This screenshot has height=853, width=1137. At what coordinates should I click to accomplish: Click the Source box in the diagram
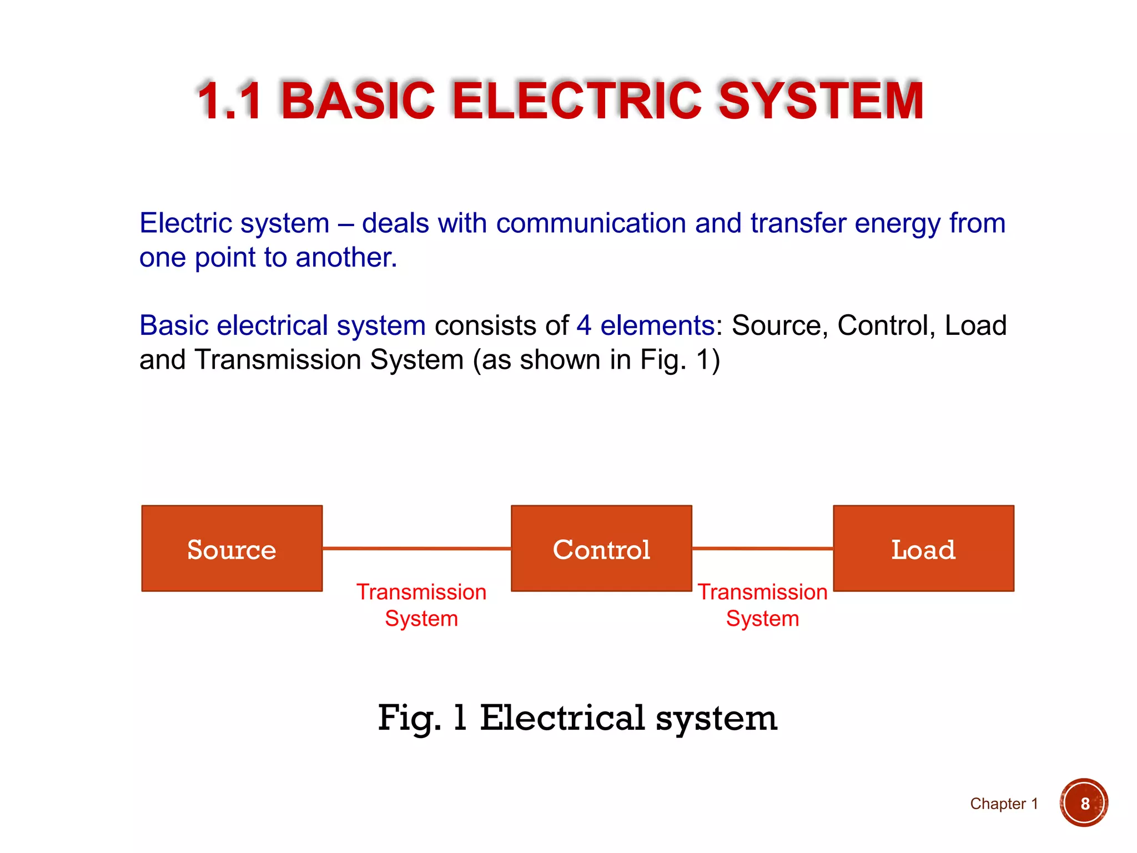[x=232, y=548]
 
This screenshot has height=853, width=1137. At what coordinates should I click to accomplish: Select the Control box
[x=601, y=548]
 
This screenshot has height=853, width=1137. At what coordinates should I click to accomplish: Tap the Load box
[x=923, y=548]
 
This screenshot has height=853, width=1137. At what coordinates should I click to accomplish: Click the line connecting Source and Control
[x=416, y=548]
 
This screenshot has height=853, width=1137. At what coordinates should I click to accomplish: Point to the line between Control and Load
[x=762, y=548]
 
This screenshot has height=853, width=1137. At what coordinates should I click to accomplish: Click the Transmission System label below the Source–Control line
[x=421, y=605]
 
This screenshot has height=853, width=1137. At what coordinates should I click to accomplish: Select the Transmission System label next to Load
[x=762, y=605]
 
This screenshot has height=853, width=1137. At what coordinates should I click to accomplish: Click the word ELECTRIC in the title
[x=577, y=101]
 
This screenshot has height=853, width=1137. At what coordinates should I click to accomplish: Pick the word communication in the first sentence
[x=591, y=223]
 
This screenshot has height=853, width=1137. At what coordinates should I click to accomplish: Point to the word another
[x=346, y=258]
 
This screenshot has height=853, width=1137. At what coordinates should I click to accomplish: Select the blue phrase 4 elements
[x=645, y=325]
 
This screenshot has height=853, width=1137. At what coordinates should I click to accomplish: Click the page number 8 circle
[x=1084, y=803]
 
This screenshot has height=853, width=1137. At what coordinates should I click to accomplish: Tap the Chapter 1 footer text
[x=1004, y=804]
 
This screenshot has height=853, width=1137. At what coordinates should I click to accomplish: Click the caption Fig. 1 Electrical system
[x=577, y=717]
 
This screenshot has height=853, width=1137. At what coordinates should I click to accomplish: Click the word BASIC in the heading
[x=358, y=101]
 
